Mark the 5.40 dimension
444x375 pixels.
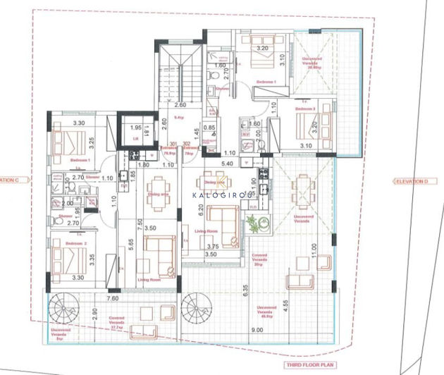[x=226, y=164]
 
